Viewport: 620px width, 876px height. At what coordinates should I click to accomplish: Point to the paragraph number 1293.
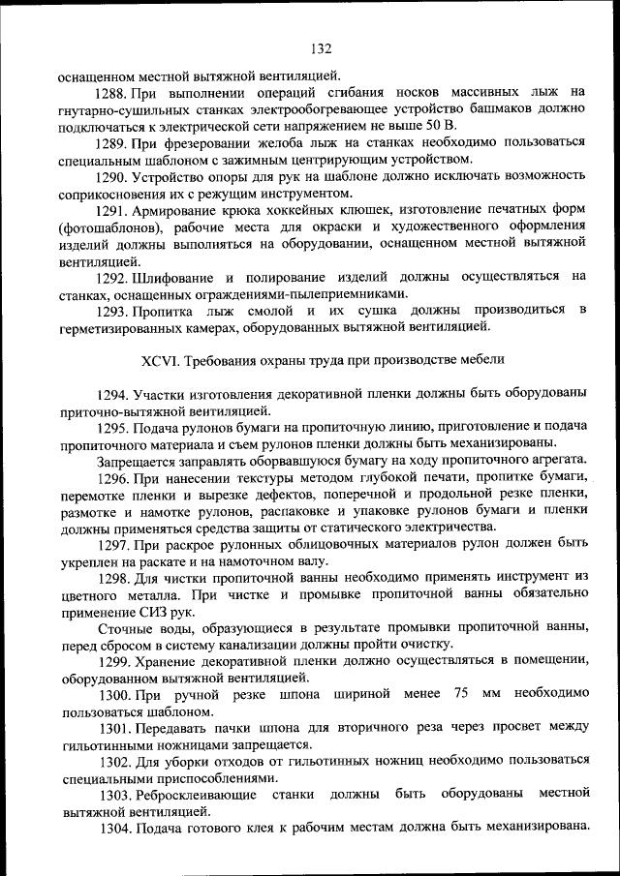coord(112,310)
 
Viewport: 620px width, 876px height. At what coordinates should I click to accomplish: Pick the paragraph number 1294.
coord(112,394)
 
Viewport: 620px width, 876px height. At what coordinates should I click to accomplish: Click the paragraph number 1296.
coord(112,476)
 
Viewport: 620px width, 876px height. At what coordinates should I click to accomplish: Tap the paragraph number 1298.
coord(112,578)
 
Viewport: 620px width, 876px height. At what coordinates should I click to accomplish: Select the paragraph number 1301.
coord(112,727)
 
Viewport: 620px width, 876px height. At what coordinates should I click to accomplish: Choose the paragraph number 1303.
coord(112,794)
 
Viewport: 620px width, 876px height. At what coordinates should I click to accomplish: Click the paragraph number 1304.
coord(112,829)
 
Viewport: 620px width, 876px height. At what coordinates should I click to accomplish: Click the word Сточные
coord(121,628)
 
